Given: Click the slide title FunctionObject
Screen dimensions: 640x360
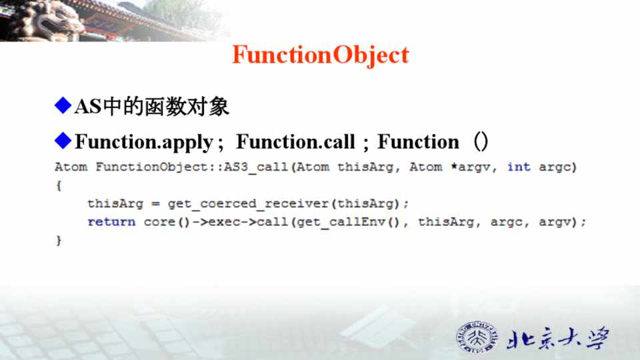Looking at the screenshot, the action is coord(321,55).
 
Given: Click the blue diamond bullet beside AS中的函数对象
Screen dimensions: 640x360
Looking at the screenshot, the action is coord(63,105).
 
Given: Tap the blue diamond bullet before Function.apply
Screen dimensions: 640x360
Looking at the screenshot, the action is coord(63,141).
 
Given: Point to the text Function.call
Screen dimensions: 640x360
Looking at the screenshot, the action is coord(295,141).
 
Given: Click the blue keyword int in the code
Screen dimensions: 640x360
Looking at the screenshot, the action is coord(519,167).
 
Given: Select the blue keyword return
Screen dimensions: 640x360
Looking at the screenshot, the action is coord(111,221).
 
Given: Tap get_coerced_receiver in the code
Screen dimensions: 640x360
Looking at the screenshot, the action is coord(248,204).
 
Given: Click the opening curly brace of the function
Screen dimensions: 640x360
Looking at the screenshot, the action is coord(59,186).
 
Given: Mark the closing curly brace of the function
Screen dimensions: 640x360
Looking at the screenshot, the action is coord(59,241).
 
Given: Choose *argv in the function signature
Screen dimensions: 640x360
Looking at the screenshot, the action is coord(470,167).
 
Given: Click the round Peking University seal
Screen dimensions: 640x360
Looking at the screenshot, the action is coord(477,337).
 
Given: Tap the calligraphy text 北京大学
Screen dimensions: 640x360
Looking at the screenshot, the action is coord(559,339).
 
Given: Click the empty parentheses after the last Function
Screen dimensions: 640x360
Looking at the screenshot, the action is coord(481,141).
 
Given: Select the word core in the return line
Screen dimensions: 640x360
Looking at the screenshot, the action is coord(159,222).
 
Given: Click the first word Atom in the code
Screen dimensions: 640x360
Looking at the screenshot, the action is coord(71,167).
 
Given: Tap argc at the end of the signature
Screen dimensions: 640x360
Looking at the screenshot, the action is coord(555,167).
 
